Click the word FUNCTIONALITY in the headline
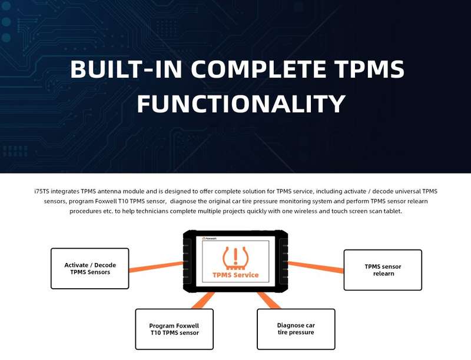click(x=241, y=104)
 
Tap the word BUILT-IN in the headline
click(x=126, y=69)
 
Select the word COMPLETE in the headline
click(x=258, y=69)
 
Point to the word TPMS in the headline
click(x=370, y=69)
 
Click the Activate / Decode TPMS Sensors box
click(x=90, y=268)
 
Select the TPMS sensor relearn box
click(x=383, y=270)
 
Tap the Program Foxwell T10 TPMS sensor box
click(x=174, y=329)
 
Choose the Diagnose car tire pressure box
click(x=296, y=329)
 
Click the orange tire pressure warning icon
click(x=235, y=259)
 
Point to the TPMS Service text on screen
click(x=235, y=275)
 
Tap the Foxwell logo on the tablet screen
click(x=210, y=238)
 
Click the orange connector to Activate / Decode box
click(x=156, y=266)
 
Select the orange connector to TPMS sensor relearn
click(x=316, y=267)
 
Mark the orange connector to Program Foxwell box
click(x=203, y=301)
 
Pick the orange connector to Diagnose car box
click(x=269, y=301)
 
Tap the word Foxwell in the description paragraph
click(x=106, y=201)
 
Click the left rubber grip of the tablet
click(x=187, y=262)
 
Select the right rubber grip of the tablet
click(x=284, y=262)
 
